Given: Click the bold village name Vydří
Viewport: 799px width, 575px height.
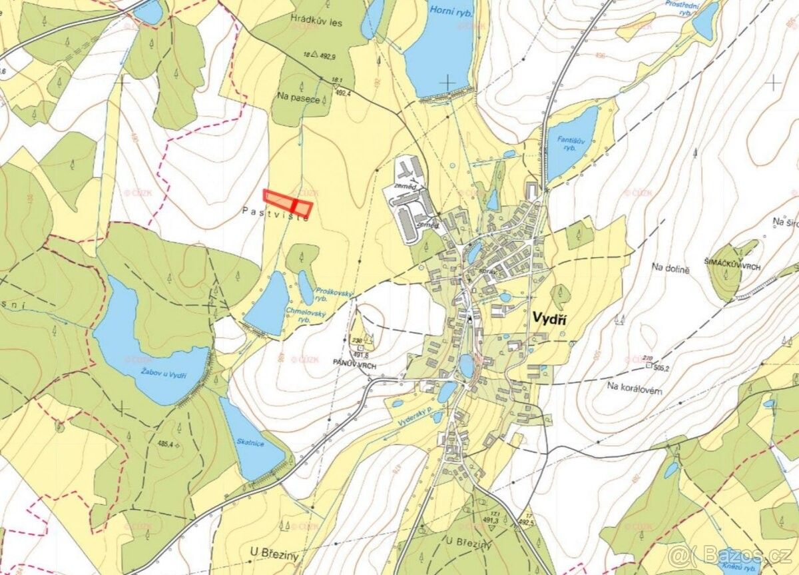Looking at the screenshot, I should coord(549,319).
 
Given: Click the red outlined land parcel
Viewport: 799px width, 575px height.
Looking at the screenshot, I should coord(288,202).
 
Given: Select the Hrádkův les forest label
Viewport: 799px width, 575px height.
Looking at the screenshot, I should coord(316,23).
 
